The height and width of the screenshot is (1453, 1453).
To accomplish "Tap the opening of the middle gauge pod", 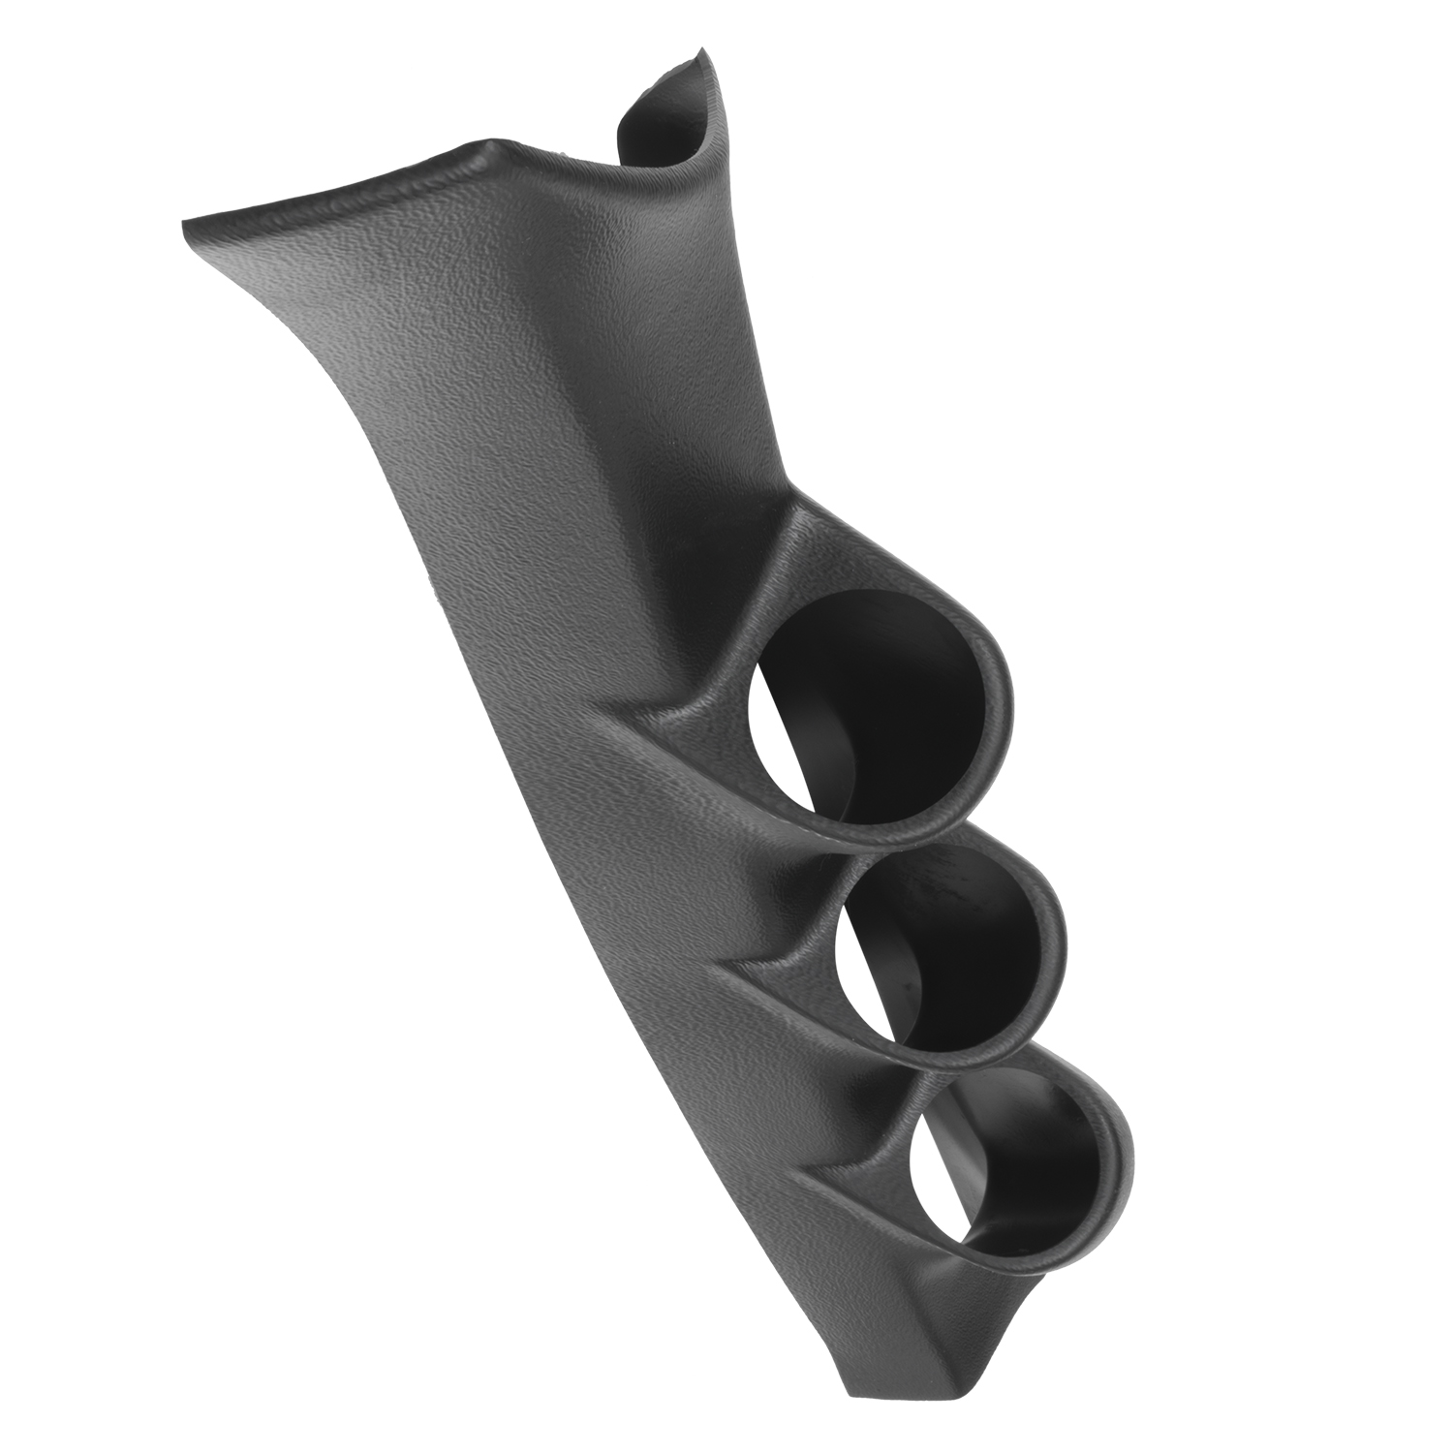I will [x=944, y=954].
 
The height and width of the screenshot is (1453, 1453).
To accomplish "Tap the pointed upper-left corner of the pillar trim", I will [x=186, y=225].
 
